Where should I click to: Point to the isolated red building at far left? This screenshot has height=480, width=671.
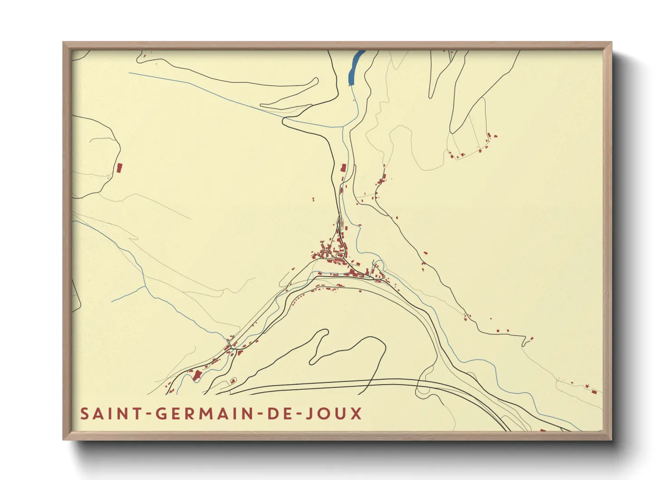pyautogui.click(x=120, y=168)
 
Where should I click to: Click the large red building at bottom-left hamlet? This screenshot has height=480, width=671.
pyautogui.click(x=197, y=375)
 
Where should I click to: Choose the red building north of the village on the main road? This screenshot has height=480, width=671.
pyautogui.click(x=344, y=167)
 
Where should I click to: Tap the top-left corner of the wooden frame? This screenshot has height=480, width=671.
pyautogui.click(x=64, y=43)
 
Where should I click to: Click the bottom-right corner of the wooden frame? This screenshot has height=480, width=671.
pyautogui.click(x=611, y=439)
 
